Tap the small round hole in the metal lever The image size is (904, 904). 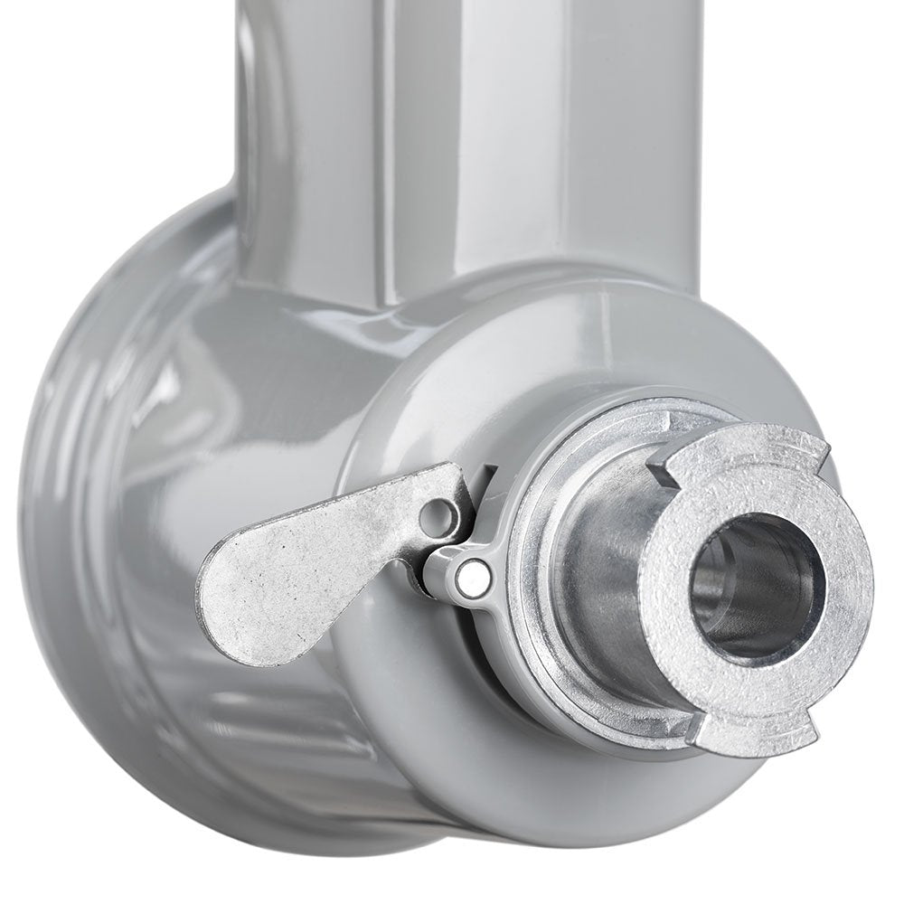(x=440, y=516)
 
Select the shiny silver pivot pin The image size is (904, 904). (x=469, y=576)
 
